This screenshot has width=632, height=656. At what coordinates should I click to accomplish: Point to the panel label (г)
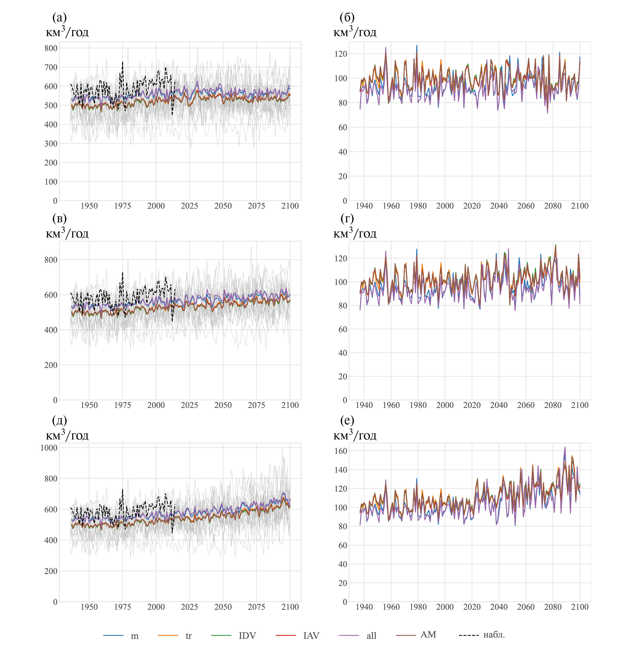[347, 218]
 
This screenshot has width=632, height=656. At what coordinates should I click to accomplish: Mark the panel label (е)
[347, 420]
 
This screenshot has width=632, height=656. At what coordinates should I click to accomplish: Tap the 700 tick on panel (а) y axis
[51, 67]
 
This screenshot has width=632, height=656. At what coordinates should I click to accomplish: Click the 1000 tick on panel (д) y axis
[49, 448]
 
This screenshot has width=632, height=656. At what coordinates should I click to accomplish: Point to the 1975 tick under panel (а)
[123, 206]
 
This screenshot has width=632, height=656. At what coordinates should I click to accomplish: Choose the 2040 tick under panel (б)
[499, 206]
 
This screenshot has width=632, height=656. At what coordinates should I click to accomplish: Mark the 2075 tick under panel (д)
[257, 607]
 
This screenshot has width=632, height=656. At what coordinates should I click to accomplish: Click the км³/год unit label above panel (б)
[355, 32]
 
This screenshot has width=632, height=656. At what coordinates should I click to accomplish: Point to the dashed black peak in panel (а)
[123, 62]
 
